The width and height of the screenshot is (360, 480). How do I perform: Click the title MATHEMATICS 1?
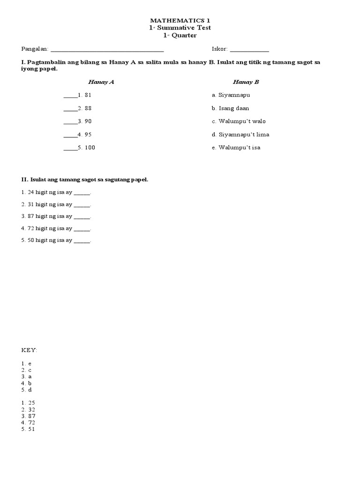click(180, 21)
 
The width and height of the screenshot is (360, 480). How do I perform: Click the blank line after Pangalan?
click(107, 50)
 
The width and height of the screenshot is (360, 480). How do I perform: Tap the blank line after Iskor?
click(249, 50)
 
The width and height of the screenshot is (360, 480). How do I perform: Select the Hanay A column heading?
click(101, 82)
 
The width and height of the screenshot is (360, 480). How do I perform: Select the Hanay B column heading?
click(246, 82)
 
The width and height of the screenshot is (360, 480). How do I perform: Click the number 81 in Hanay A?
click(88, 95)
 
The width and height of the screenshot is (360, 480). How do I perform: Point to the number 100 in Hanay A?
click(90, 148)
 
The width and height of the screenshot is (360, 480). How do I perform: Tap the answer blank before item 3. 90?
click(69, 122)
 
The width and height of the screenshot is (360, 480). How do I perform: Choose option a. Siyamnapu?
click(231, 95)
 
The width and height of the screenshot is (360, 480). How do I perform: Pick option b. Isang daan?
click(230, 108)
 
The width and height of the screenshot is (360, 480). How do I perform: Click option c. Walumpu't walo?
click(239, 121)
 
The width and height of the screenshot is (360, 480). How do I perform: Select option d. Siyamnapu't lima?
click(240, 135)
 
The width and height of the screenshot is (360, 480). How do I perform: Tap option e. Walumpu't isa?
click(236, 148)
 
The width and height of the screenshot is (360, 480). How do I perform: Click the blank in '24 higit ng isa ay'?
click(82, 194)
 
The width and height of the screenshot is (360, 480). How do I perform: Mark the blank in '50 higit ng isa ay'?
click(82, 241)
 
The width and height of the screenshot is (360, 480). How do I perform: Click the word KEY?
click(29, 351)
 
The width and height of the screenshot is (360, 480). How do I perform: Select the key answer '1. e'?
click(26, 364)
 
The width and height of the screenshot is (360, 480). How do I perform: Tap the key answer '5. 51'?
click(28, 429)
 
